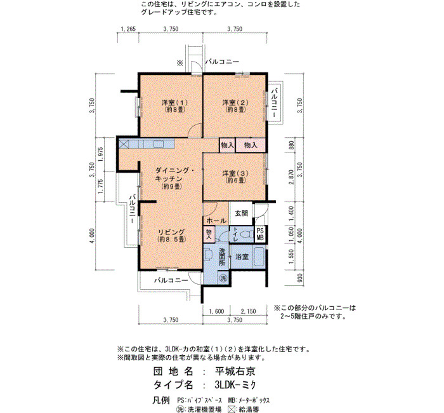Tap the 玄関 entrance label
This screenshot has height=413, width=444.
pyautogui.click(x=241, y=213)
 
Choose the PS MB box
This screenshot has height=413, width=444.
pyautogui.click(x=260, y=234)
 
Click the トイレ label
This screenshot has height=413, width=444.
pyautogui.click(x=235, y=234)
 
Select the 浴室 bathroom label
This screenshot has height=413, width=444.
pyautogui.click(x=242, y=257)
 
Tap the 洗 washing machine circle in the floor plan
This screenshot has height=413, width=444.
pyautogui.click(x=223, y=277)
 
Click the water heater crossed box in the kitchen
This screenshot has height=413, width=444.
pyautogui.click(x=124, y=144)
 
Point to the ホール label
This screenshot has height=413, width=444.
pyautogui.click(x=216, y=220)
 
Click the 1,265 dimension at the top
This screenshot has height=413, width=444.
pyautogui.click(x=128, y=29)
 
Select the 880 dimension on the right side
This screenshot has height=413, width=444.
pyautogui.click(x=292, y=146)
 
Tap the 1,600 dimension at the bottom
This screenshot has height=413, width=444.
pyautogui.click(x=216, y=311)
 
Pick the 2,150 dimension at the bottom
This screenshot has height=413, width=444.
pyautogui.click(x=248, y=311)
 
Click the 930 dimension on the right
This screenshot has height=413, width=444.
pyautogui.click(x=300, y=278)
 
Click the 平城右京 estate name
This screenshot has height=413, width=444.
pyautogui.click(x=235, y=371)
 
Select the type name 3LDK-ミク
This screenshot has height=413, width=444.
pyautogui.click(x=235, y=384)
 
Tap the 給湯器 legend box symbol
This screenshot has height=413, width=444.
pyautogui.click(x=232, y=409)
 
